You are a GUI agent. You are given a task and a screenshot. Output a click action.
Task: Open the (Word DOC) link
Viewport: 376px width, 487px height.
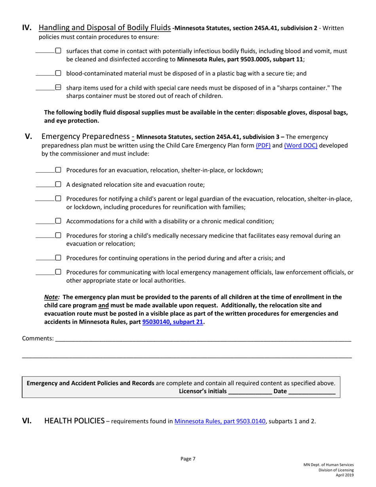tap(300, 145)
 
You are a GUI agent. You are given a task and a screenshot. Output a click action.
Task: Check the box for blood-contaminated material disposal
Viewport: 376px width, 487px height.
tap(58, 73)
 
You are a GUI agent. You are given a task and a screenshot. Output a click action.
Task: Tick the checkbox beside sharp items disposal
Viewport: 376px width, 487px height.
tap(58, 88)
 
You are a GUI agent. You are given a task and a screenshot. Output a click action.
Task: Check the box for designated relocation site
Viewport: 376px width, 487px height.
tap(58, 184)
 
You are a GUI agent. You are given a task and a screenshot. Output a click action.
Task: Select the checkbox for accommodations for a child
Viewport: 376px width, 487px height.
tap(58, 221)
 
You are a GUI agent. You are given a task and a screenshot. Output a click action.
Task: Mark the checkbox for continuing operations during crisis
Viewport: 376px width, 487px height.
tap(58, 258)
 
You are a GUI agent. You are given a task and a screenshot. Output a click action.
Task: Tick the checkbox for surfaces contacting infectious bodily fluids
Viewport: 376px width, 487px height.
tap(58, 51)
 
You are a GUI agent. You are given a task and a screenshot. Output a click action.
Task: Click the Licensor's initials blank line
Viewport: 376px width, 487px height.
tap(250, 392)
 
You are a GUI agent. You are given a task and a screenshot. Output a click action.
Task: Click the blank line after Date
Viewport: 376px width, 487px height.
tap(312, 392)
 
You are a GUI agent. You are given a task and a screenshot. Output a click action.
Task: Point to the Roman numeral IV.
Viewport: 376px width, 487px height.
tap(27, 28)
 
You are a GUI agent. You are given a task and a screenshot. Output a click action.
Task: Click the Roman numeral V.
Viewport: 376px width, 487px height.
tap(29, 137)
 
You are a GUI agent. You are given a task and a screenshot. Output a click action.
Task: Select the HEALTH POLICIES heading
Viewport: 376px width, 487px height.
tap(74, 421)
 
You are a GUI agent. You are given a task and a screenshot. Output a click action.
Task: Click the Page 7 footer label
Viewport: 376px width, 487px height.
tap(188, 459)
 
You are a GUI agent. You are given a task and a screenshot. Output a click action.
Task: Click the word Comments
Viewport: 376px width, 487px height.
tap(37, 338)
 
